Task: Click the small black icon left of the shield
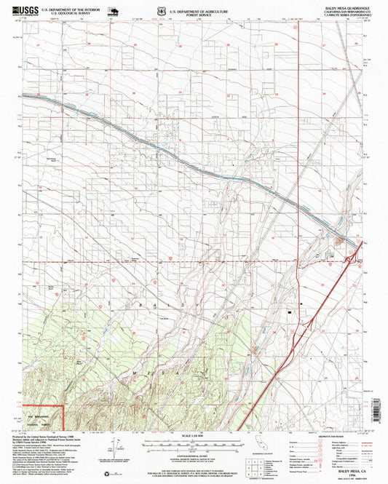tap(115, 10)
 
